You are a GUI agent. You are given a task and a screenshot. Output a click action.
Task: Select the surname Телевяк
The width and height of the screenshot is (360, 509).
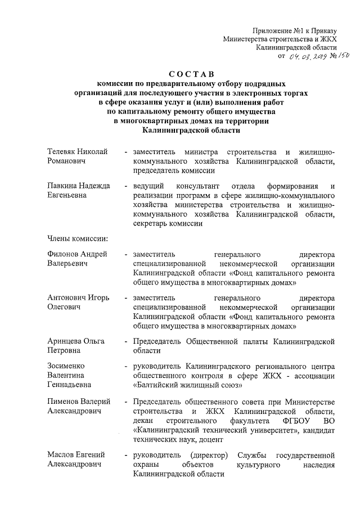click(x=63, y=153)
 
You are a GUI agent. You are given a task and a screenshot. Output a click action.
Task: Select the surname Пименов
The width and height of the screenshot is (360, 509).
click(x=65, y=401)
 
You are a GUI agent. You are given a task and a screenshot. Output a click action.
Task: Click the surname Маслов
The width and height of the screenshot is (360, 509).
click(x=61, y=454)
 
